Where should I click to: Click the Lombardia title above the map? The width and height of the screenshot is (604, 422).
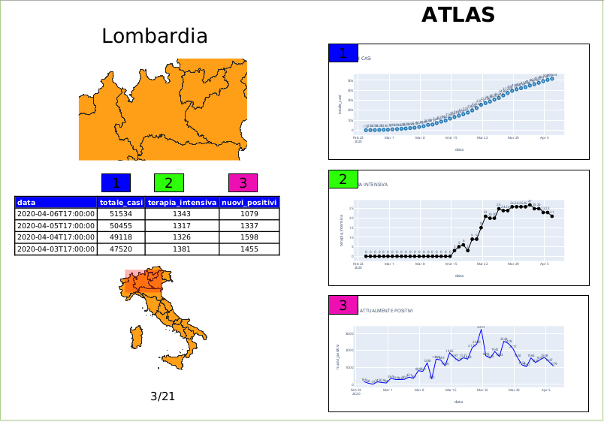pyautogui.click(x=155, y=36)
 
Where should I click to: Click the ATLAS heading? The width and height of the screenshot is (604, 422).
pyautogui.click(x=458, y=15)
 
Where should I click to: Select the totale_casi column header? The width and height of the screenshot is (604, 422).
pyautogui.click(x=121, y=202)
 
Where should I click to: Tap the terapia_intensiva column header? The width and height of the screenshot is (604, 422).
pyautogui.click(x=182, y=202)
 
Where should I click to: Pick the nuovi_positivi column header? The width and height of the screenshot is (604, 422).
pyautogui.click(x=249, y=202)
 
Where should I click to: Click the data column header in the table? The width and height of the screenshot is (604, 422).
pyautogui.click(x=56, y=202)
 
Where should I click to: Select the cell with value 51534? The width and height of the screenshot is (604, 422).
pyautogui.click(x=121, y=214)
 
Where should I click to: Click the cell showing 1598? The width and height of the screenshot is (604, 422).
pyautogui.click(x=249, y=237)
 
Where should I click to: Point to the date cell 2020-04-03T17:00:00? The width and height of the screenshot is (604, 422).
pyautogui.click(x=56, y=249)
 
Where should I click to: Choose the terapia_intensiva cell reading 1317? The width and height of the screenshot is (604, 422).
pyautogui.click(x=182, y=225)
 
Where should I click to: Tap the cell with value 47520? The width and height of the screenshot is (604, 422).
pyautogui.click(x=121, y=249)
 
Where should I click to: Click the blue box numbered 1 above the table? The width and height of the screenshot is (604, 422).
pyautogui.click(x=116, y=182)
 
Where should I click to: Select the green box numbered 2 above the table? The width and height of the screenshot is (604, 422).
pyautogui.click(x=168, y=182)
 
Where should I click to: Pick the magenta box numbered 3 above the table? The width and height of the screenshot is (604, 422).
pyautogui.click(x=243, y=182)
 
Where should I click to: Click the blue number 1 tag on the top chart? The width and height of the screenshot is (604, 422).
pyautogui.click(x=343, y=53)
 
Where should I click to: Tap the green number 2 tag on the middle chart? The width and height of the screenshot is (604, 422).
pyautogui.click(x=343, y=179)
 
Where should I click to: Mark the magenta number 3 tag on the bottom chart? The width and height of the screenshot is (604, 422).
pyautogui.click(x=343, y=305)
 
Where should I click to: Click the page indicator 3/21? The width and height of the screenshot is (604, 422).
pyautogui.click(x=162, y=396)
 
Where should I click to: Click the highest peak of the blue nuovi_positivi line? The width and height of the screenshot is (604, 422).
pyautogui.click(x=482, y=330)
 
